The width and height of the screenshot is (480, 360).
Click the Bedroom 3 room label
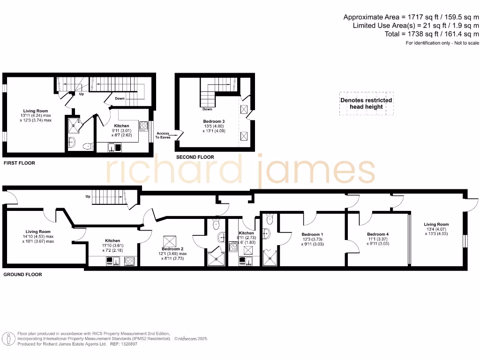click(x=213, y=121)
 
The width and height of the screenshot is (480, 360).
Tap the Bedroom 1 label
click(x=312, y=234)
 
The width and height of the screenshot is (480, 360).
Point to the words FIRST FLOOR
click(x=19, y=163)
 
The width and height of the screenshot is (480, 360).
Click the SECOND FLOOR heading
click(x=195, y=157)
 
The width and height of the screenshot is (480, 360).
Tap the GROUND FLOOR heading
click(x=22, y=274)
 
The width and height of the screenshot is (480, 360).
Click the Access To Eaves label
click(x=163, y=136)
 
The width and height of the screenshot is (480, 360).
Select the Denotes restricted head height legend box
click(x=366, y=104)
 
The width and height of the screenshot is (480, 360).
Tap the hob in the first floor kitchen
click(x=144, y=126)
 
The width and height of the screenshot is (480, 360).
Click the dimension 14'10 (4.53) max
click(x=40, y=237)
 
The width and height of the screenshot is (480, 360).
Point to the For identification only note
click(x=442, y=43)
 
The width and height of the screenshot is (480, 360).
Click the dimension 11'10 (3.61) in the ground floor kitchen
click(x=112, y=246)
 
